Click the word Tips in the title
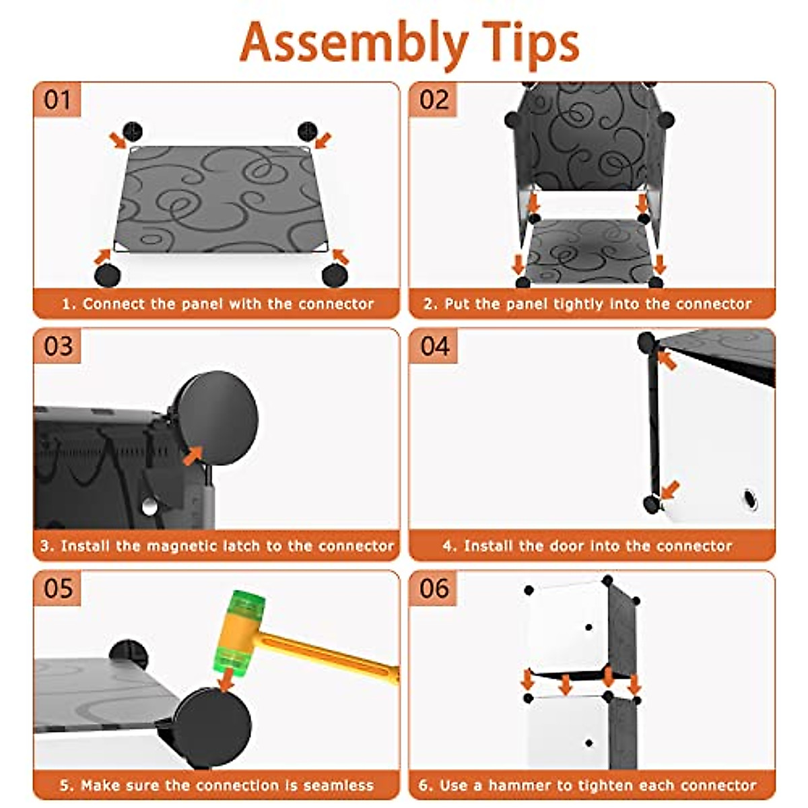[531, 44]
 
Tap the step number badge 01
[57, 100]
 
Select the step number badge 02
[434, 100]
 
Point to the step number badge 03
[57, 346]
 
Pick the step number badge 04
[434, 346]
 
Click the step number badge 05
[57, 588]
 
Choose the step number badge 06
[434, 588]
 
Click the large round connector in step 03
[216, 418]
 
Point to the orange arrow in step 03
[193, 456]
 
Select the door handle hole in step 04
[749, 500]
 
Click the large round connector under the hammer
[211, 727]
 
